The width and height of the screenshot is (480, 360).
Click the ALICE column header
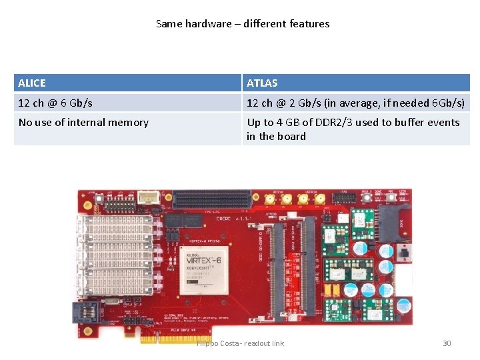tap(32, 83)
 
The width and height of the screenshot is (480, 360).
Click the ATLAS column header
tap(262, 83)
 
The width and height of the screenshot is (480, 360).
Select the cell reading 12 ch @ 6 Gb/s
tap(55, 103)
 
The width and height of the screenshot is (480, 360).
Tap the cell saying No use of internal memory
tap(83, 122)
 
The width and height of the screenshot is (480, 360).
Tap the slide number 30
tap(447, 343)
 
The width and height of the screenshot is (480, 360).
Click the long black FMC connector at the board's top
tap(213, 198)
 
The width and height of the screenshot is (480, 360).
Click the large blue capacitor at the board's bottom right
tap(404, 305)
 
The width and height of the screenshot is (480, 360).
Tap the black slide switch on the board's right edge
tap(403, 252)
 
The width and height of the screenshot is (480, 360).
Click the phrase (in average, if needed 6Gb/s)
tap(385, 103)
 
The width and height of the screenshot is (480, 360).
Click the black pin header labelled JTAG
tap(344, 199)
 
